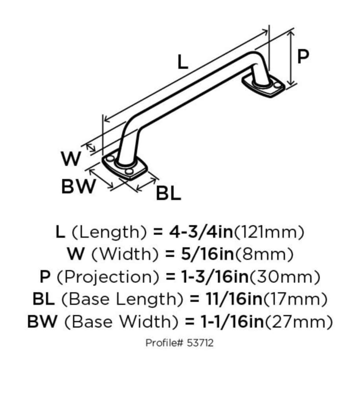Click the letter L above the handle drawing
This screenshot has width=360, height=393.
tap(182, 62)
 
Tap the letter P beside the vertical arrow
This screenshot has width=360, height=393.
tap(303, 57)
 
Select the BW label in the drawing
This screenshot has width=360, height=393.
tap(79, 186)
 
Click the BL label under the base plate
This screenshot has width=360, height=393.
tap(169, 193)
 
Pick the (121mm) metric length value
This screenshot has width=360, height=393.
tap(269, 232)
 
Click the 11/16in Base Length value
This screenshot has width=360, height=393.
tap(232, 300)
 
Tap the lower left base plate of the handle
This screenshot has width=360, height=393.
tap(125, 167)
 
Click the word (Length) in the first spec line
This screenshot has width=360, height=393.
tap(106, 232)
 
